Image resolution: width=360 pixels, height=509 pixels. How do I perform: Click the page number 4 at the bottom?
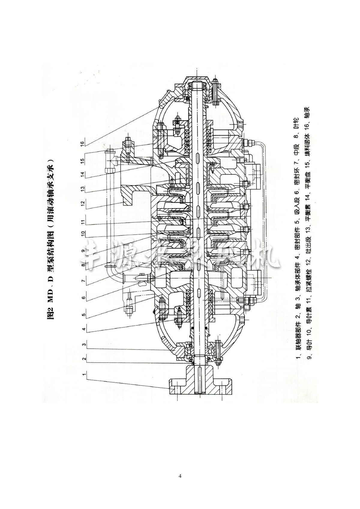pyautogui.click(x=180, y=476)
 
